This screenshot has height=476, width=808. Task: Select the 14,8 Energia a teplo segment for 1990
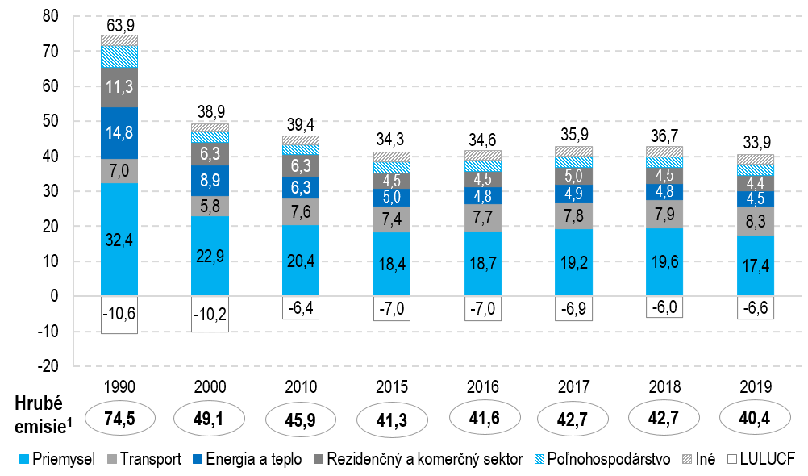[119, 133]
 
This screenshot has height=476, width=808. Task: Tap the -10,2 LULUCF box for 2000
[210, 314]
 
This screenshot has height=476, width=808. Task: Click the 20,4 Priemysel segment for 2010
[300, 261]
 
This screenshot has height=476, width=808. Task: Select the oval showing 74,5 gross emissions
[119, 419]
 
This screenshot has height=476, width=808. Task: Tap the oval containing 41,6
[482, 418]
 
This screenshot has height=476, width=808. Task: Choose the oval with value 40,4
[755, 419]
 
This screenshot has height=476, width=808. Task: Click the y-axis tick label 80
[50, 16]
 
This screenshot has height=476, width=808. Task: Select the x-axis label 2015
[391, 386]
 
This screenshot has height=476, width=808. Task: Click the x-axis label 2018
[664, 386]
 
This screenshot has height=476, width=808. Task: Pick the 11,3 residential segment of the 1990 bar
[119, 87]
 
